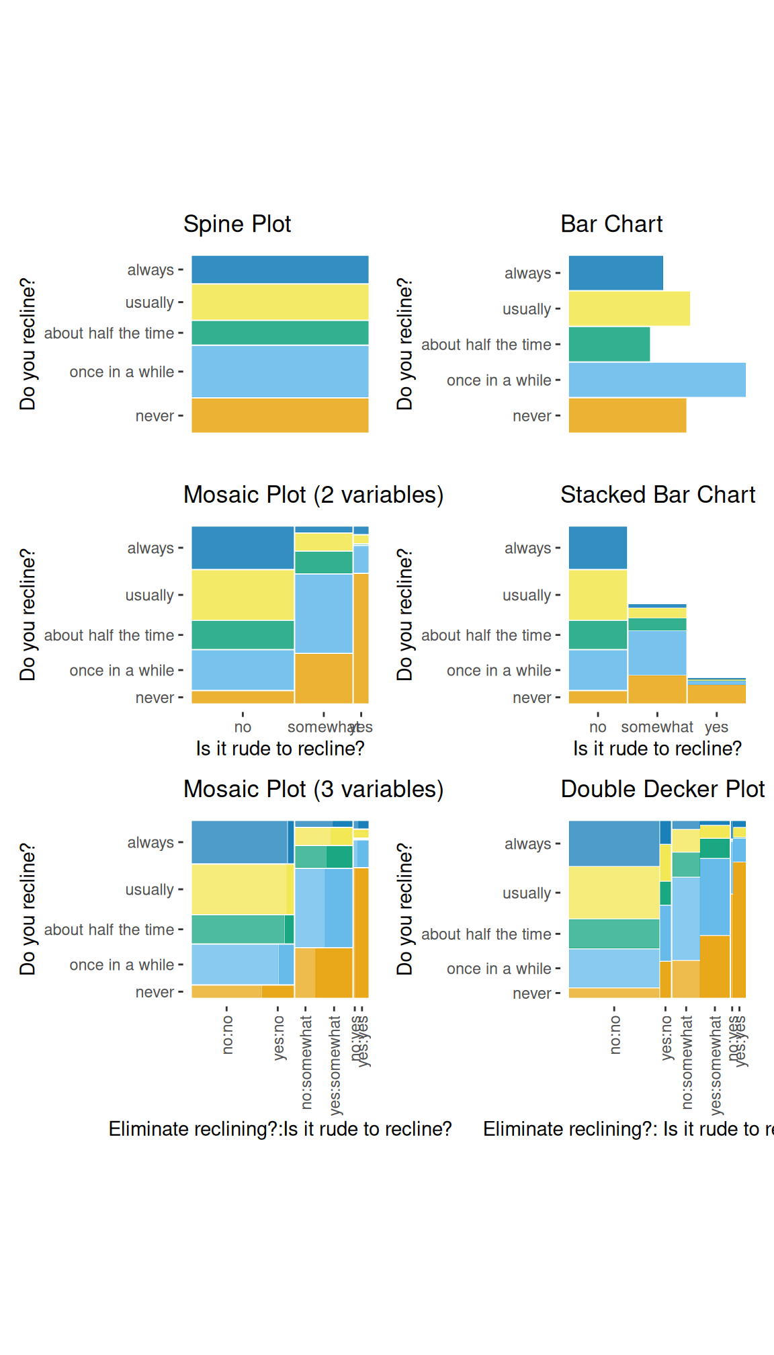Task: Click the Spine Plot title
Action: (x=237, y=224)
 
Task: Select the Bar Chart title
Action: (x=611, y=224)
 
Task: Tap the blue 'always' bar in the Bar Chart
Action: (x=615, y=273)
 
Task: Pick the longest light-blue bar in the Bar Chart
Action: (x=657, y=380)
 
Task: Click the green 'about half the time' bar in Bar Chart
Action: (x=609, y=344)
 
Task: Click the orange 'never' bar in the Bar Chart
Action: (x=627, y=415)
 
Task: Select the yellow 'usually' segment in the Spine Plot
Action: (x=279, y=302)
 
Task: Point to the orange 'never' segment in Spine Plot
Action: (x=279, y=415)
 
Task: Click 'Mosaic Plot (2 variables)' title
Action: (x=313, y=495)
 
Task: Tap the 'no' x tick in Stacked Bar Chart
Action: (x=597, y=727)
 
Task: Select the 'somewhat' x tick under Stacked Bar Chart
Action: (x=656, y=727)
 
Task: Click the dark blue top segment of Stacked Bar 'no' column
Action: (x=597, y=548)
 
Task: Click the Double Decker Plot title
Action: (x=662, y=789)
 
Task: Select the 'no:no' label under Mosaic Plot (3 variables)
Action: (x=228, y=1034)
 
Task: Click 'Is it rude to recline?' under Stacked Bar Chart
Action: (x=657, y=749)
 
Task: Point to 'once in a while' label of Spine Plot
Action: (x=122, y=372)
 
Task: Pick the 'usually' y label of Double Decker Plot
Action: (x=527, y=893)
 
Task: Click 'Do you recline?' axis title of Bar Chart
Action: (x=404, y=343)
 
